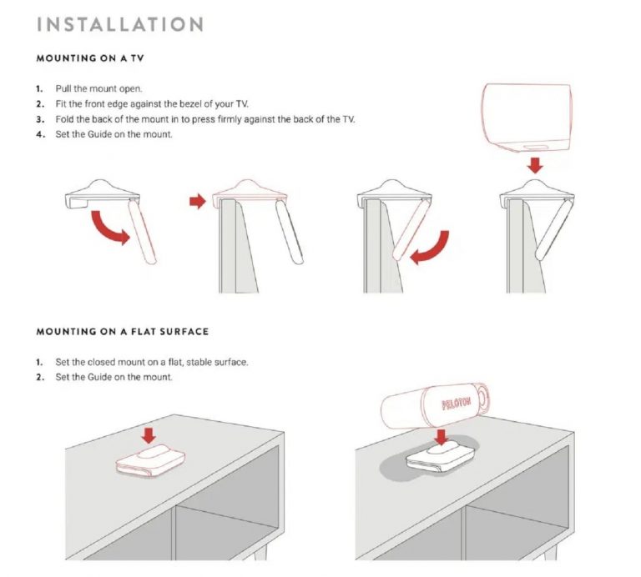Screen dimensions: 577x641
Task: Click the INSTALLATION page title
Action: point(120,23)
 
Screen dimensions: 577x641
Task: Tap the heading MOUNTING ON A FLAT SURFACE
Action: point(123,331)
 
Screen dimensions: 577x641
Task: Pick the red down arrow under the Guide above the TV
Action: point(535,165)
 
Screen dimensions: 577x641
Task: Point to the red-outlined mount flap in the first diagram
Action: point(143,233)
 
